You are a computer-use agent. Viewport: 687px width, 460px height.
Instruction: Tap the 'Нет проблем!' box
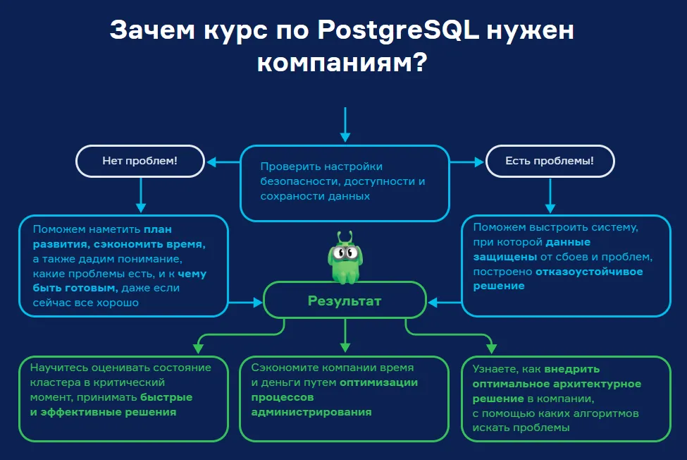(x=140, y=161)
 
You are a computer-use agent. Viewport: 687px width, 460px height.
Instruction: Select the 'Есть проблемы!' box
(x=550, y=161)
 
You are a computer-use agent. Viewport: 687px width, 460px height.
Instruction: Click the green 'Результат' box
(x=345, y=301)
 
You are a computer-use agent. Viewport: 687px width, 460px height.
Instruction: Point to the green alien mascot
(x=345, y=257)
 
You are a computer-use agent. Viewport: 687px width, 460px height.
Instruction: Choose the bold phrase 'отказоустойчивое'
(x=589, y=272)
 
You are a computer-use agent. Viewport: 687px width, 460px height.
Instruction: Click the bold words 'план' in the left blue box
(x=159, y=229)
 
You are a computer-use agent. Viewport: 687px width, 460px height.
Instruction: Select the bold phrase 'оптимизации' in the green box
(x=379, y=382)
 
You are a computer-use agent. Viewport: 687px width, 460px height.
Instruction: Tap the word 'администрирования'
(x=311, y=412)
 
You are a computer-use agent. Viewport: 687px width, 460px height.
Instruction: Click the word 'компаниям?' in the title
(x=342, y=63)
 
